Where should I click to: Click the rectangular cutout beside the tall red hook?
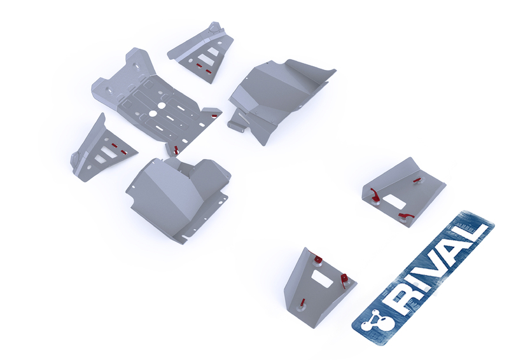(x=394, y=202)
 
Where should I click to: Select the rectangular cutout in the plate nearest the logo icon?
(x=322, y=279)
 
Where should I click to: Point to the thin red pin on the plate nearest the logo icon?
(x=302, y=303)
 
